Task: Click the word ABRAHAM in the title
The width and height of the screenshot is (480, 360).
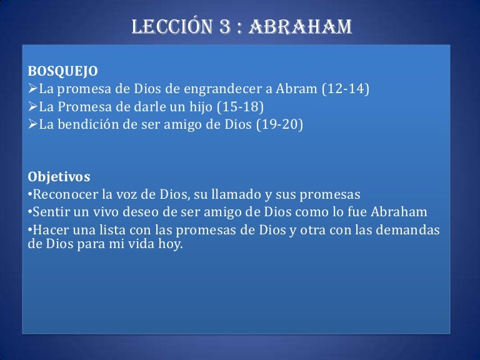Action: tap(300, 27)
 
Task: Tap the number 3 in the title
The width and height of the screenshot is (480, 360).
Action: tap(225, 27)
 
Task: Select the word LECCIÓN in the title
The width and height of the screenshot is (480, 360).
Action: tap(172, 26)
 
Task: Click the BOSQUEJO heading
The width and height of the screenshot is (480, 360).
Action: tap(62, 71)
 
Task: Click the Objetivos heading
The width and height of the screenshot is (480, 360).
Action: tap(59, 177)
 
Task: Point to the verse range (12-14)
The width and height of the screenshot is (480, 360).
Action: tap(346, 89)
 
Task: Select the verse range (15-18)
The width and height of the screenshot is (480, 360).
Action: tap(240, 106)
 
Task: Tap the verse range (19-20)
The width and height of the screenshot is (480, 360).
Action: tap(279, 124)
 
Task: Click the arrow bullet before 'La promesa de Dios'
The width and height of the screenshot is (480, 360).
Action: tap(32, 89)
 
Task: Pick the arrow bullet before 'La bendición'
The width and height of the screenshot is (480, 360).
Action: tap(32, 124)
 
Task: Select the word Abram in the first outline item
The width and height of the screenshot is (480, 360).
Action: tap(296, 89)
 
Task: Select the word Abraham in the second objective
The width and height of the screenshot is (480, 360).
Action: tap(399, 212)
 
